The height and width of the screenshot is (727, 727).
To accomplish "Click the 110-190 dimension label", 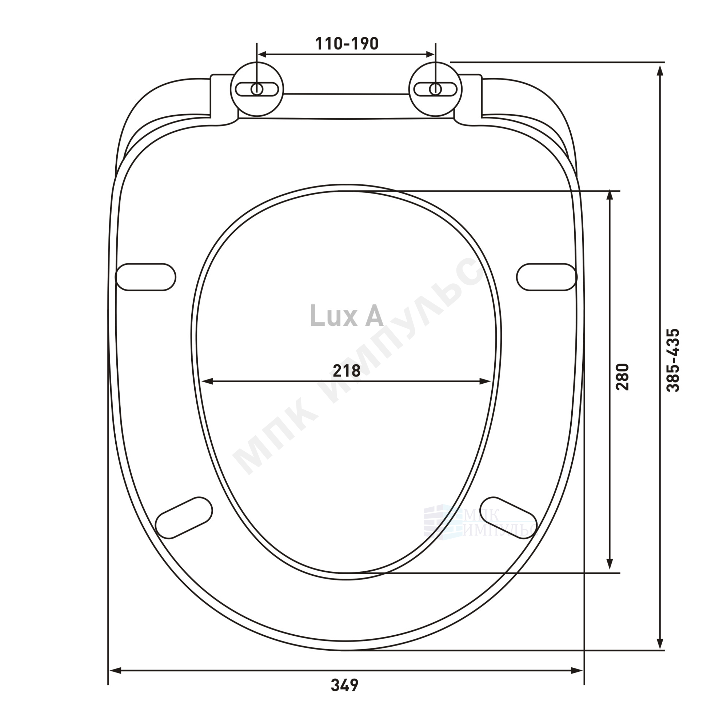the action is (347, 44).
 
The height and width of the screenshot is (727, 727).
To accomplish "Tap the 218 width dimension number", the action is (347, 371).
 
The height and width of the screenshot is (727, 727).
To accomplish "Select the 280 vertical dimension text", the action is (622, 377).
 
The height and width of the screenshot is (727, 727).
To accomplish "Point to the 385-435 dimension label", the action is (673, 360).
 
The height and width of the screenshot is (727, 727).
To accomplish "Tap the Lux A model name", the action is (346, 316).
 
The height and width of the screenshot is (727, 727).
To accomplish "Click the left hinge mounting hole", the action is (257, 89).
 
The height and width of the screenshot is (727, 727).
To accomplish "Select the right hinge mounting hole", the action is (436, 89).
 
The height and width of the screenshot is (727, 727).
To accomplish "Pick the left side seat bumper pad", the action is (145, 277).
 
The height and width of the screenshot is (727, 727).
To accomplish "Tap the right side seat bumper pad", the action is (547, 277).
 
